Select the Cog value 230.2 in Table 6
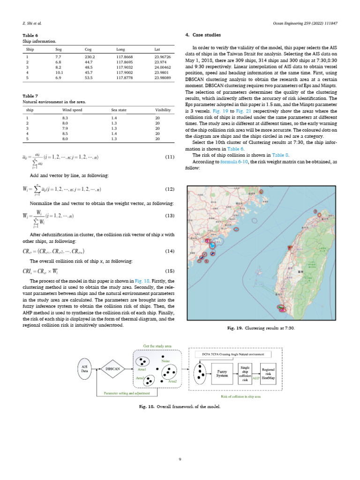[90, 56]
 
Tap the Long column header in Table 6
[120, 49]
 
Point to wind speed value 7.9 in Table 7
[66, 128]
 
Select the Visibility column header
[163, 110]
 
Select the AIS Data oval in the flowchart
[85, 369]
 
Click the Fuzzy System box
[223, 374]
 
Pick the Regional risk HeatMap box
[268, 374]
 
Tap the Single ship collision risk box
[245, 374]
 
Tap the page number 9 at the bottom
[180, 459]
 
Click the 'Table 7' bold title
[30, 96]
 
